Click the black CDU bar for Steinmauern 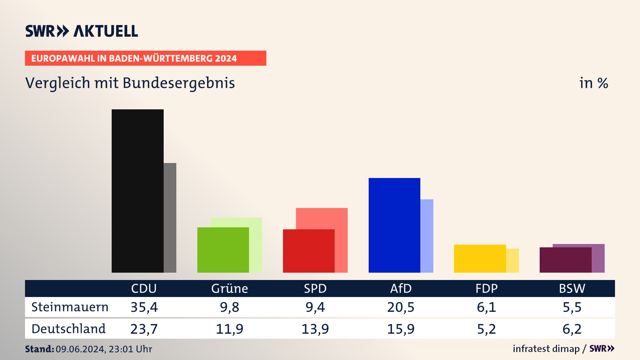coord(137,191)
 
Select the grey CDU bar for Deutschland coord(170,217)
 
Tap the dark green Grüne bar coord(223,250)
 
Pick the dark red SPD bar coord(309,251)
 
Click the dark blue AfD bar coord(394,225)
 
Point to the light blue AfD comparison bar coord(427,236)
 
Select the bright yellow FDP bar coord(480,258)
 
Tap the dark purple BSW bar coord(565,260)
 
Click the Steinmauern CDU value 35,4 coord(144,307)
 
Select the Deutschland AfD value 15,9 coord(401,329)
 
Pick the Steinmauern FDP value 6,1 coord(486,307)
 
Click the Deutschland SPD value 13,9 coord(315,329)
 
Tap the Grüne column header coord(229,288)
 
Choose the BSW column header coord(572,288)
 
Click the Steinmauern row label coord(70,307)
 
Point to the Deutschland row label coord(68,329)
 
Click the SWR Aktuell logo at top coord(81,31)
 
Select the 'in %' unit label coord(593,83)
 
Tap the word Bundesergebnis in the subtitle coord(179,83)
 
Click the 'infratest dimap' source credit coord(546,349)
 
